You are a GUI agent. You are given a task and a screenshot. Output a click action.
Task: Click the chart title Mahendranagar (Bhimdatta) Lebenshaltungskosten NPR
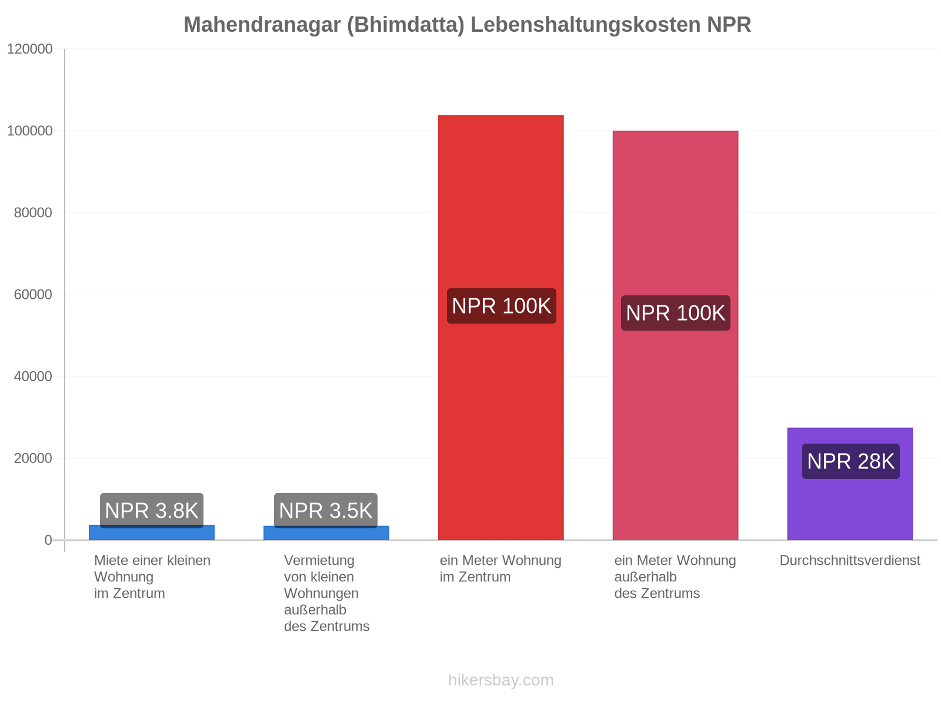pyautogui.click(x=467, y=25)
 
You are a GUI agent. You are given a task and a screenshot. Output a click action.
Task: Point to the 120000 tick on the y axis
pyautogui.click(x=29, y=49)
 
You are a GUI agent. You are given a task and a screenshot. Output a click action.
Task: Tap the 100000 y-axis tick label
pyautogui.click(x=29, y=131)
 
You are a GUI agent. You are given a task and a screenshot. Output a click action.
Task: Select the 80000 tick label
pyautogui.click(x=33, y=212)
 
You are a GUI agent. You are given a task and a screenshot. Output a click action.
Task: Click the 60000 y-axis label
pyautogui.click(x=33, y=295)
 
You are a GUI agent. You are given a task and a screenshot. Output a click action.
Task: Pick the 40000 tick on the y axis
pyautogui.click(x=33, y=377)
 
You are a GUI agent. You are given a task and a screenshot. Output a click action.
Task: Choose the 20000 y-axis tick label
pyautogui.click(x=33, y=458)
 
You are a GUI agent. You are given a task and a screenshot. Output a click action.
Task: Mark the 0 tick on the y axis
pyautogui.click(x=48, y=540)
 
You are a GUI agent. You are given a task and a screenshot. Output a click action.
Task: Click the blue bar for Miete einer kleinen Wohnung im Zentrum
pyautogui.click(x=152, y=534)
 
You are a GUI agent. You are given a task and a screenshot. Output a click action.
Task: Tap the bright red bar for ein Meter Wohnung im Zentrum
pyautogui.click(x=500, y=328)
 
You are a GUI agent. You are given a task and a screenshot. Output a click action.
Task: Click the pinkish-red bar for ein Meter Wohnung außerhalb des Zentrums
pyautogui.click(x=675, y=335)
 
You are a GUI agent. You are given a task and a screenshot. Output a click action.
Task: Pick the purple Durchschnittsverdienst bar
pyautogui.click(x=850, y=484)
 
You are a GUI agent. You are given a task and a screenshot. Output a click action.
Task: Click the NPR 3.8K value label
pyautogui.click(x=152, y=511)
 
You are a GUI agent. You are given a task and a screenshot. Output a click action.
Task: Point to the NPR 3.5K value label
pyautogui.click(x=326, y=511)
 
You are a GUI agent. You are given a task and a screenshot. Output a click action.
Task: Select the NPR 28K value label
pyautogui.click(x=851, y=461)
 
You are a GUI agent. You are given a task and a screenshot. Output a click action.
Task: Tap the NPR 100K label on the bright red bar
pyautogui.click(x=502, y=306)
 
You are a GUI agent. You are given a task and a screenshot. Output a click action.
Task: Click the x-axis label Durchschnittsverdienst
pyautogui.click(x=850, y=560)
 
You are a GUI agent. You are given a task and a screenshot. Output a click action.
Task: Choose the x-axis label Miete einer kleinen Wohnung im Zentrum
pyautogui.click(x=152, y=577)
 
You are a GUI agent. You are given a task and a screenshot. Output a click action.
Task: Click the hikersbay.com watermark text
pyautogui.click(x=500, y=680)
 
